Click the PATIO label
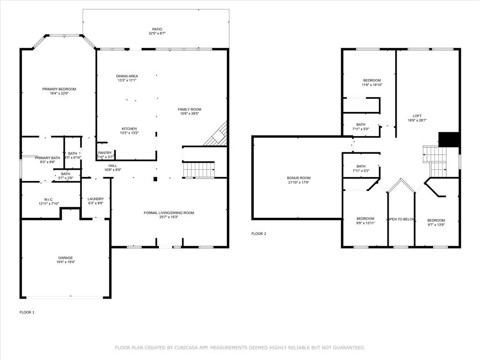tap(157, 29)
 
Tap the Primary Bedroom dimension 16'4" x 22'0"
tap(59, 93)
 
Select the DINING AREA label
tap(127, 76)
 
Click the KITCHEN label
tap(129, 129)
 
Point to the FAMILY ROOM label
tap(189, 109)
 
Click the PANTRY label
tap(105, 153)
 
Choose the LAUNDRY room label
tap(96, 199)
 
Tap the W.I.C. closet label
tap(49, 199)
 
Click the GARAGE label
tap(66, 258)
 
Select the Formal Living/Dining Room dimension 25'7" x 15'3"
tap(169, 217)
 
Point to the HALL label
tap(113, 165)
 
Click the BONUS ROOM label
tap(299, 178)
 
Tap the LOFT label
tap(417, 116)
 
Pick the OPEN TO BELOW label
tap(401, 219)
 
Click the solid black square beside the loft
tap(449, 140)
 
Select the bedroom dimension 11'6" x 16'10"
tap(372, 85)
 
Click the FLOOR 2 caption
tap(259, 233)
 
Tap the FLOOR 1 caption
tap(27, 312)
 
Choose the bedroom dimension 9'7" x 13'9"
tap(436, 225)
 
